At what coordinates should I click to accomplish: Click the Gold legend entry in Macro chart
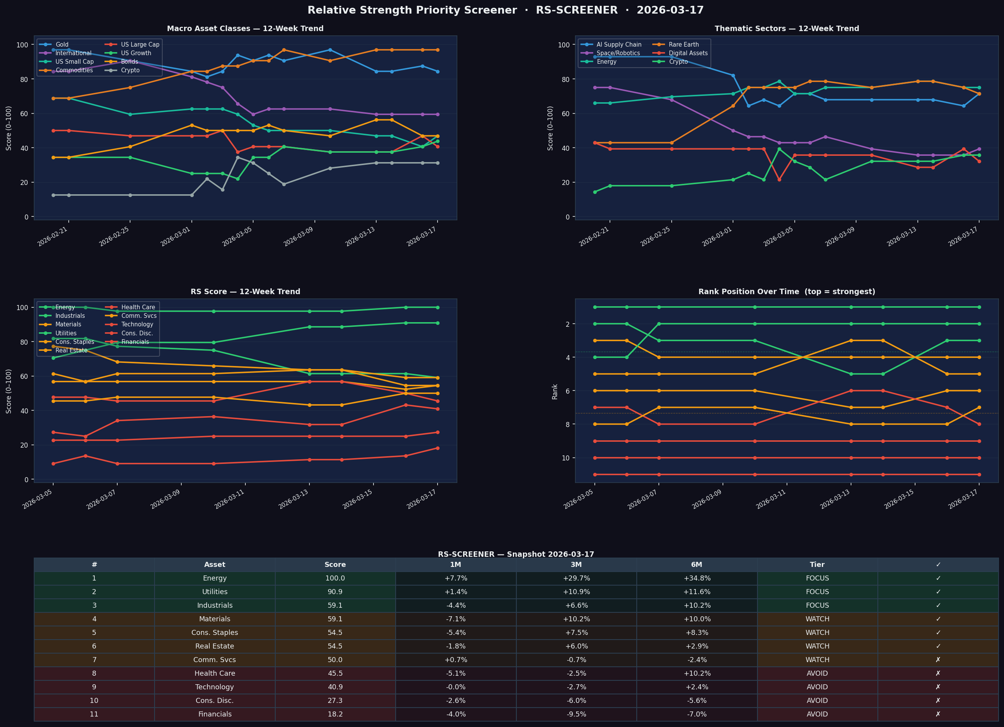point(62,45)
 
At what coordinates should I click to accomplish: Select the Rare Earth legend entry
point(683,45)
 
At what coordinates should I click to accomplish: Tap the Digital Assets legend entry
point(688,53)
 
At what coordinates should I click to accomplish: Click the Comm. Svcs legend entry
point(139,316)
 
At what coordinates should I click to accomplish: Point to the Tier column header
point(817,565)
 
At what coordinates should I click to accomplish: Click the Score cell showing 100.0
point(335,579)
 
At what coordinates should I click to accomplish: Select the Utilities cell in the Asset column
point(215,592)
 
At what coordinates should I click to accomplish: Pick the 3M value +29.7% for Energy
point(576,579)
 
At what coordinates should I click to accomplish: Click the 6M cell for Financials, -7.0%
point(697,714)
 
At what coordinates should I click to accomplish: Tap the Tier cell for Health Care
point(817,673)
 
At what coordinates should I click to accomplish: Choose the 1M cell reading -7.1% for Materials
point(455,619)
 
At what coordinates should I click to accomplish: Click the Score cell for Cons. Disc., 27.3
point(335,701)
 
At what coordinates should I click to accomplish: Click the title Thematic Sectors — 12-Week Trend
point(787,29)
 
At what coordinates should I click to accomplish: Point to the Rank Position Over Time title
point(787,292)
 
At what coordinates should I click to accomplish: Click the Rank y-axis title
point(555,392)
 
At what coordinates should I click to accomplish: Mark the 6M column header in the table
point(697,565)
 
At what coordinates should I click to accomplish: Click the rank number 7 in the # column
point(94,660)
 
